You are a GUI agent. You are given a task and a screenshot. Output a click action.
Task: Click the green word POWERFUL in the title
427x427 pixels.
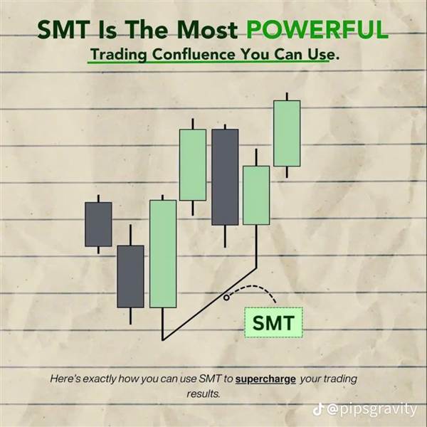[317, 29]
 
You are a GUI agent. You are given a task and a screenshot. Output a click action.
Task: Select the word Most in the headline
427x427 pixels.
[208, 29]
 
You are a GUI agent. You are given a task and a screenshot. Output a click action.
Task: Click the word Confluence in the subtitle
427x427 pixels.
[194, 55]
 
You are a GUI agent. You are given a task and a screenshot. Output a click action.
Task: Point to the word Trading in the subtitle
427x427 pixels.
[119, 55]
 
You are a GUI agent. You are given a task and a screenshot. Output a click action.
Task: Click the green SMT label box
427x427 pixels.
[274, 322]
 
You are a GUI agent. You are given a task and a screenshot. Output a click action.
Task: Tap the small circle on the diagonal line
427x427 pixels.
[226, 297]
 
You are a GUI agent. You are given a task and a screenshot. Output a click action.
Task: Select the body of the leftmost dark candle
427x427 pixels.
[98, 224]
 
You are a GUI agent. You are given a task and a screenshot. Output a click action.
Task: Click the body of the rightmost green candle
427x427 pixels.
[287, 133]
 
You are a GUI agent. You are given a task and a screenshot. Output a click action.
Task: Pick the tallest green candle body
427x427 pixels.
[163, 254]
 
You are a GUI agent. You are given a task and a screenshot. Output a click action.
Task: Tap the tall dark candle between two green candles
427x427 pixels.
[225, 177]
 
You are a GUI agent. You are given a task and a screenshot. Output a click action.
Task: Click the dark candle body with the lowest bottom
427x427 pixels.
[130, 276]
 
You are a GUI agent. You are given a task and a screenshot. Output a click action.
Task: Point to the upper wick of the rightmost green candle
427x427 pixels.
[287, 96]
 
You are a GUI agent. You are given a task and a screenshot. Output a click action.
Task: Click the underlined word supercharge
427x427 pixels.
[265, 379]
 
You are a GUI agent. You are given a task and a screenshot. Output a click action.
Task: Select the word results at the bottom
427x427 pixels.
[203, 394]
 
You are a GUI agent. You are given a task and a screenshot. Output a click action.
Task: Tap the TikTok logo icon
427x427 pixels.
[318, 410]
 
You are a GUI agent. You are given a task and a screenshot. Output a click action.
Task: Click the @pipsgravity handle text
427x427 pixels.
[371, 410]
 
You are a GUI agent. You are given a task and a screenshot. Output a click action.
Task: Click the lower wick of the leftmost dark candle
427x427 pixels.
[98, 250]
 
